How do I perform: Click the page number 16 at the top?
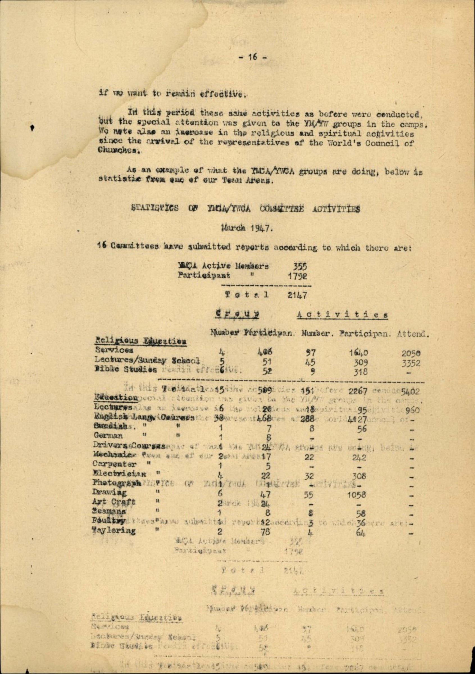[x=253, y=57]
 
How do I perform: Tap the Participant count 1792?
[x=297, y=276]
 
